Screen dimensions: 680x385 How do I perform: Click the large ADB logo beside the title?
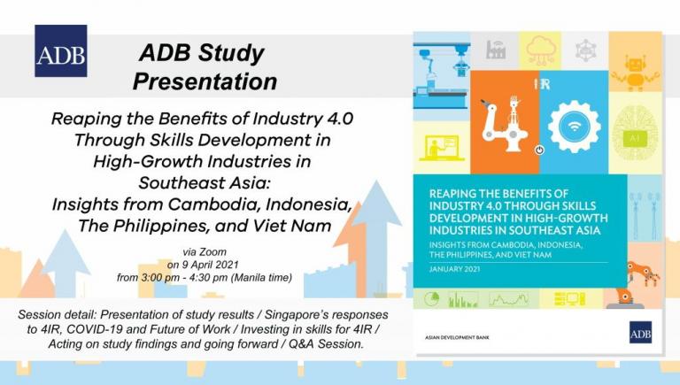tap(61, 50)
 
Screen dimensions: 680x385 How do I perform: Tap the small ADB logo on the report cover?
tap(640, 332)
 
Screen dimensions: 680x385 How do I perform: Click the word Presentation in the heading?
tap(205, 81)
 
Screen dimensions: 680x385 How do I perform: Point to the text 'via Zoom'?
tap(205, 252)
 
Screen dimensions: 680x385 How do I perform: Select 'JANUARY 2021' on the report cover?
tap(454, 269)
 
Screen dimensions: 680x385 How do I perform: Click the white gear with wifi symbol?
tap(574, 127)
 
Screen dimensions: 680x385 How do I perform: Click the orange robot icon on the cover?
tap(635, 72)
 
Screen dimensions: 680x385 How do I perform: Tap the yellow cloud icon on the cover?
tap(540, 50)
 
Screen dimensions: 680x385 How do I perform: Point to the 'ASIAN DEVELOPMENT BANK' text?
tap(457, 337)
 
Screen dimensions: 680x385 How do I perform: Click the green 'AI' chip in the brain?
tap(635, 138)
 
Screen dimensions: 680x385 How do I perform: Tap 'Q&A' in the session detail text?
tap(297, 344)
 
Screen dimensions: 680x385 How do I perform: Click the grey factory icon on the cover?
tap(495, 50)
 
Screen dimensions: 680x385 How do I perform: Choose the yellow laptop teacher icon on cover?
tap(438, 148)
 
